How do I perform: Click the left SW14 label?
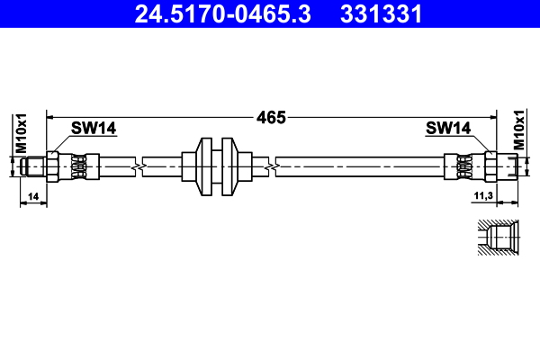click(x=94, y=129)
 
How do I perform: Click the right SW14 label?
click(x=448, y=129)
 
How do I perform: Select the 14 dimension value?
click(x=33, y=195)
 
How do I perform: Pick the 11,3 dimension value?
click(x=482, y=195)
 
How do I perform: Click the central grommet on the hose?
click(x=216, y=166)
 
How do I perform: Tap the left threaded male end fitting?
click(x=34, y=166)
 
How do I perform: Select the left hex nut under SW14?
click(x=53, y=166)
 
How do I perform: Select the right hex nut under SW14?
click(x=491, y=166)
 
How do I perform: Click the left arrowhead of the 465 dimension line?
click(x=50, y=117)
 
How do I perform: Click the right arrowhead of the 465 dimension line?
click(x=492, y=117)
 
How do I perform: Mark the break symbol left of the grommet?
click(x=137, y=166)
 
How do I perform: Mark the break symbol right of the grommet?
click(x=271, y=166)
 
